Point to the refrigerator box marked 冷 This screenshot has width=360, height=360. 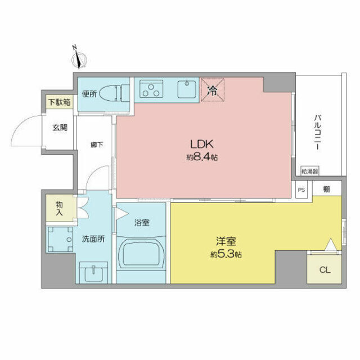pos(213,89)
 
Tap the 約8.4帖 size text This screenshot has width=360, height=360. pos(202,157)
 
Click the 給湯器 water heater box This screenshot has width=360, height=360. pos(309,170)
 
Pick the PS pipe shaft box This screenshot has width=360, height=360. pos(301,190)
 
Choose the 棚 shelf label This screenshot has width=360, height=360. pos(326,190)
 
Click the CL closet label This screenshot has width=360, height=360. pos(325,269)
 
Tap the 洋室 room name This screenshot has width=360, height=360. pos(226,242)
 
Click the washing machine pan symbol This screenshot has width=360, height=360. pos(60,240)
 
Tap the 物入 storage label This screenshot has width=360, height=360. pos(58,208)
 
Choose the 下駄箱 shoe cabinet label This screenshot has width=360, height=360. pos(59,102)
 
